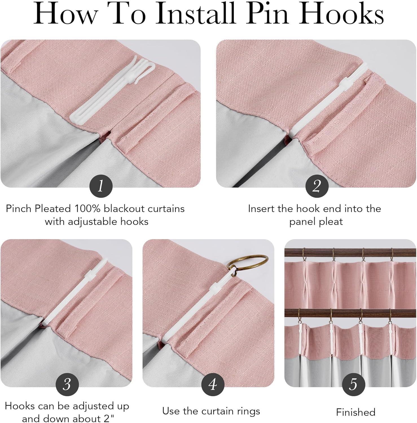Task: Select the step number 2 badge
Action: click(317, 186)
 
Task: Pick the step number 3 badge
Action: click(67, 384)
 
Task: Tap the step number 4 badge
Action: click(212, 384)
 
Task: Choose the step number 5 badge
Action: click(354, 384)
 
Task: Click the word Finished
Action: click(355, 412)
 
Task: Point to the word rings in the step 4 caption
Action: click(248, 411)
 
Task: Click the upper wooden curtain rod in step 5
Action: click(350, 254)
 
